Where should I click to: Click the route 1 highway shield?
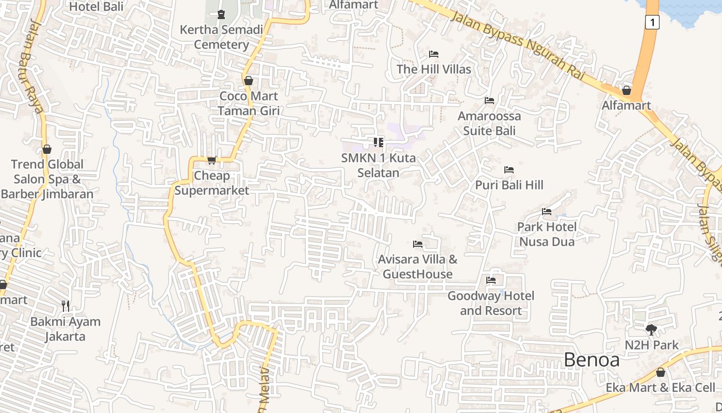tap(652, 22)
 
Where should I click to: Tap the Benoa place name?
tap(592, 360)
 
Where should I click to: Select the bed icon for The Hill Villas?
tap(434, 54)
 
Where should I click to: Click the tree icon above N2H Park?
tap(651, 329)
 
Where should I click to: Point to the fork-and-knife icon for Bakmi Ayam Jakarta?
tap(65, 306)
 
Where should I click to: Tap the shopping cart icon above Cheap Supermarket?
tap(211, 161)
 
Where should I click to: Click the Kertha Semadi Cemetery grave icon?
tap(221, 14)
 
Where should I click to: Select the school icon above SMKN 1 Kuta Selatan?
tap(379, 142)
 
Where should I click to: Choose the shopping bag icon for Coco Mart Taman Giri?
tap(248, 81)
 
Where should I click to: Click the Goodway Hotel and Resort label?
tap(490, 303)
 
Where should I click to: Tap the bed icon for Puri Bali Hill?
tap(509, 169)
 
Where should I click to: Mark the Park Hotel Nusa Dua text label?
tap(547, 234)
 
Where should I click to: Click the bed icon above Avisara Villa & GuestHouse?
tap(418, 244)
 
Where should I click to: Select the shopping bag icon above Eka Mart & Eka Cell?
tap(661, 372)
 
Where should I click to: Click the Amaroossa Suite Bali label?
tap(489, 123)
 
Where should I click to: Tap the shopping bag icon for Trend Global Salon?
tap(47, 149)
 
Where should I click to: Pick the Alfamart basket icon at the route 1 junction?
tap(627, 90)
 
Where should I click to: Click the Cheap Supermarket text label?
tap(211, 183)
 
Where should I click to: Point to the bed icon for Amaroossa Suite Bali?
tap(489, 100)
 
